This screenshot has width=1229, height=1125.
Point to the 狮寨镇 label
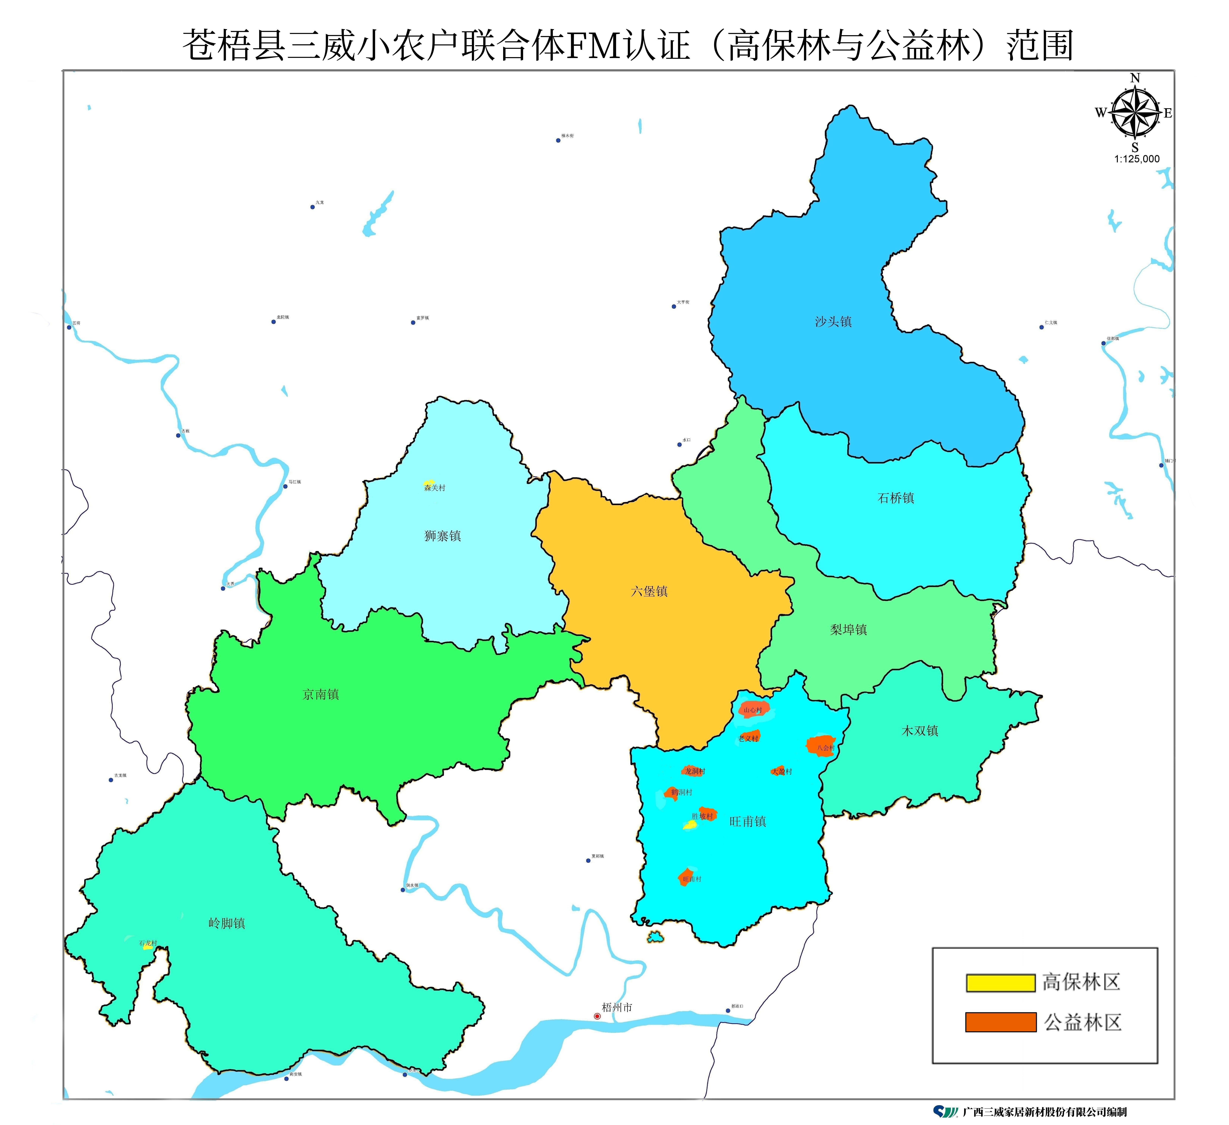[x=442, y=535]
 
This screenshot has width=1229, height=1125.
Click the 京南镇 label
[x=321, y=694]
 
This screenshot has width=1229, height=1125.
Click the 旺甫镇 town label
[x=747, y=821]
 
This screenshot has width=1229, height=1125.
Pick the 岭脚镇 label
[x=227, y=923]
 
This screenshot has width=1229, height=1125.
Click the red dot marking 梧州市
[x=597, y=1016]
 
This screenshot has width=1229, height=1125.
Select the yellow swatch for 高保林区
[x=1000, y=982]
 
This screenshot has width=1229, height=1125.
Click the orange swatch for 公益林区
[x=1000, y=1022]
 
